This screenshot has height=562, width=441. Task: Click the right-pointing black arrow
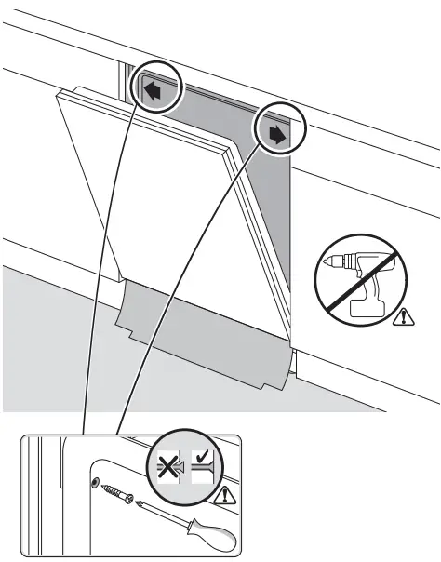[276, 133]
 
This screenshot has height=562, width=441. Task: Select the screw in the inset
[119, 490]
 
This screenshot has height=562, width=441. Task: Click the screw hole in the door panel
[95, 479]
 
